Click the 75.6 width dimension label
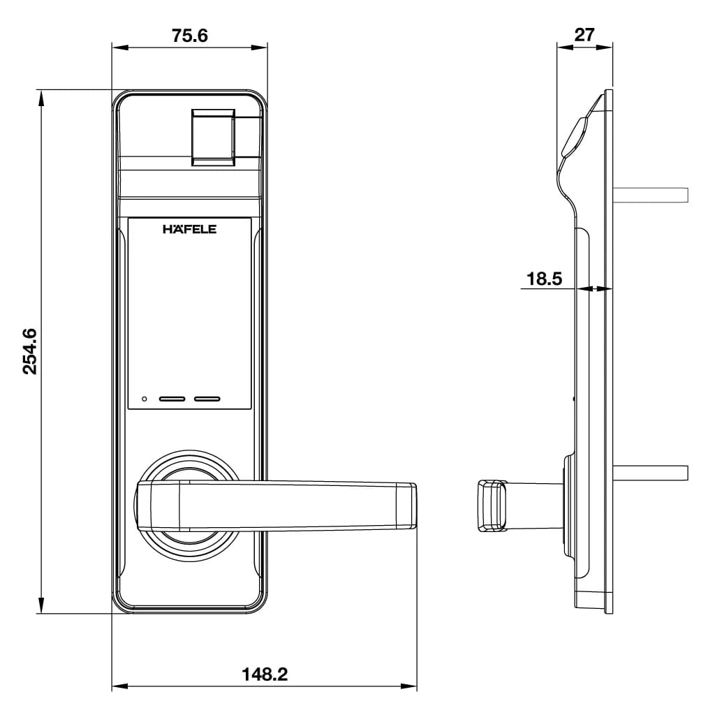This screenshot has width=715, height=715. point(190,35)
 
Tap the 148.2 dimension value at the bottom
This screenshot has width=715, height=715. point(265,675)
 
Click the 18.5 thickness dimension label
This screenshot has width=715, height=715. point(544,279)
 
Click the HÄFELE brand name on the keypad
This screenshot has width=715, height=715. point(189,229)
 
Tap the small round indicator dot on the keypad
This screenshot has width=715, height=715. point(145,399)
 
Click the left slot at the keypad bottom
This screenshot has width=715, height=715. point(172,399)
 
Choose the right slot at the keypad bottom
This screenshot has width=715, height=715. point(207,399)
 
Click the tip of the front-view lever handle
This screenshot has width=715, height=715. point(406,505)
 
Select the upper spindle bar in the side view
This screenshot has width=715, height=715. point(651,194)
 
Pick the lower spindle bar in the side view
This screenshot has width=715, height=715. point(651,473)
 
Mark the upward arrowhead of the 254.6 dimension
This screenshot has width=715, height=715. point(41,98)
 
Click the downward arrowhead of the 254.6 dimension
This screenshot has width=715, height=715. point(41,605)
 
